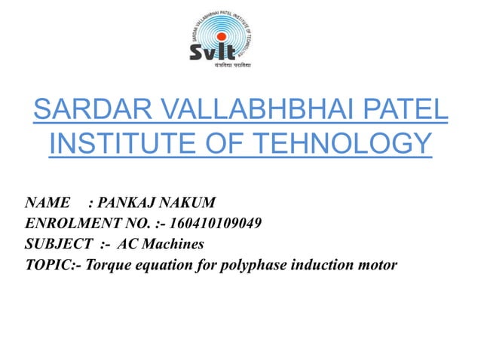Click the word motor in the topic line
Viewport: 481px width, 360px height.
point(375,265)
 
